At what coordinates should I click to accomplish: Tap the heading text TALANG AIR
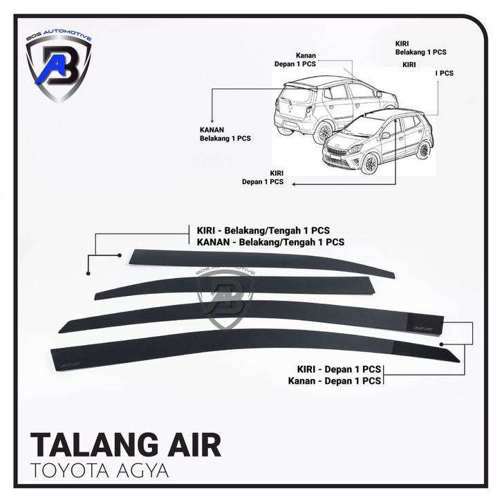click(127, 445)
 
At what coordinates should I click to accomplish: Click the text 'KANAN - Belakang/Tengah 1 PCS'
click(266, 243)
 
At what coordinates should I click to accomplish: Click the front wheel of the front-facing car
click(371, 165)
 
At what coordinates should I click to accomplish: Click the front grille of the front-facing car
click(338, 151)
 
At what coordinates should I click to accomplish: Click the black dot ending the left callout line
click(89, 273)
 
